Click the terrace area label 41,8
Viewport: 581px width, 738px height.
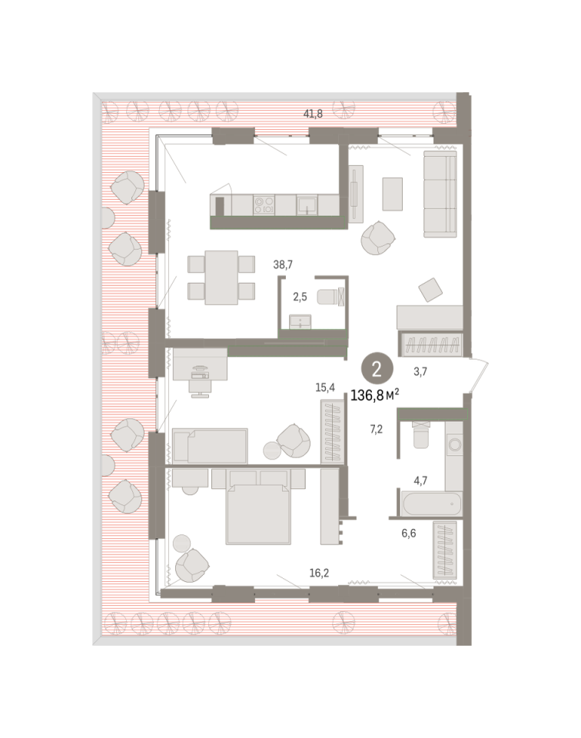click(313, 114)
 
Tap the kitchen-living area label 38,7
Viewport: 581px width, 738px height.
click(283, 265)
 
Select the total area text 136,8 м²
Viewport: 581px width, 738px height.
click(374, 395)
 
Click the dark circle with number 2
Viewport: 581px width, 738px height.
click(377, 370)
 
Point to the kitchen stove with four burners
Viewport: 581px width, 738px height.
click(264, 204)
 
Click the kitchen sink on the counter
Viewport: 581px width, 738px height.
click(307, 205)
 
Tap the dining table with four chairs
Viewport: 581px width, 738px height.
click(221, 278)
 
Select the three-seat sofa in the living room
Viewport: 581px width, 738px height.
click(440, 194)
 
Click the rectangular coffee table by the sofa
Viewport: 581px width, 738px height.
click(393, 194)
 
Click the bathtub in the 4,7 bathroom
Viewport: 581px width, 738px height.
click(432, 503)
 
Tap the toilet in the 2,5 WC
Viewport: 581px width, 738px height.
click(330, 297)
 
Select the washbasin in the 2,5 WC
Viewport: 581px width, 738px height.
click(300, 321)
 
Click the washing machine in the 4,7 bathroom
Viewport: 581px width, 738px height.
click(454, 444)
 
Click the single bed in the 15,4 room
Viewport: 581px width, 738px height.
click(210, 445)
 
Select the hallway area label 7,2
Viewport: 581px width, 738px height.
click(377, 429)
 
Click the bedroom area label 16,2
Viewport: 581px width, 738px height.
click(319, 573)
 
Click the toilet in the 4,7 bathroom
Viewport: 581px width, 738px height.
click(420, 434)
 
